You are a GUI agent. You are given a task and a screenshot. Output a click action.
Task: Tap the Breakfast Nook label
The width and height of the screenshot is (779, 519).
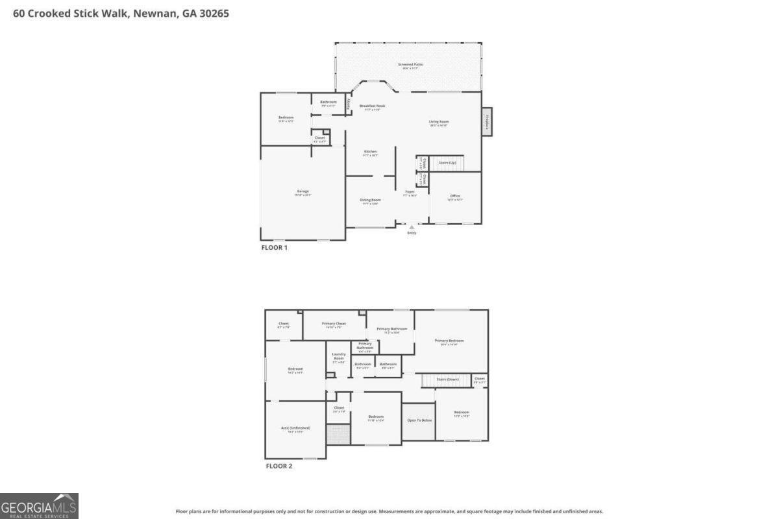pos(372,106)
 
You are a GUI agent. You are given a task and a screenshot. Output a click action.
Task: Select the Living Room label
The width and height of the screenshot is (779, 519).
pos(439,122)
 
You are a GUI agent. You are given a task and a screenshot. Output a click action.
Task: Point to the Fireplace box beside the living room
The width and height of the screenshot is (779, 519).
pos(487,121)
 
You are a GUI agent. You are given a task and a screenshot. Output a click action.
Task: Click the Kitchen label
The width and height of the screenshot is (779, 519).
pos(370,152)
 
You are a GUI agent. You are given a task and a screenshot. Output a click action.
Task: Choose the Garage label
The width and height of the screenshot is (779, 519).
pos(303,191)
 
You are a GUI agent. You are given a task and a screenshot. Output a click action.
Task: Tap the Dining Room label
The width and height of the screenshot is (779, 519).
pos(370,200)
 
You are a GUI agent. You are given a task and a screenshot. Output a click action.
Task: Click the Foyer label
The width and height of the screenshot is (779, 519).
pos(410,192)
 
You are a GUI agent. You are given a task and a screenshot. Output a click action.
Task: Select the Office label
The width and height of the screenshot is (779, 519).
pos(454,197)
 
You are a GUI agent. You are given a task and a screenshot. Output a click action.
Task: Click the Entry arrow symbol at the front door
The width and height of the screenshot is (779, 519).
pos(411,227)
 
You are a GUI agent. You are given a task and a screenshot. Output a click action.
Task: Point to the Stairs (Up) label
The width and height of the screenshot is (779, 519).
pos(447,163)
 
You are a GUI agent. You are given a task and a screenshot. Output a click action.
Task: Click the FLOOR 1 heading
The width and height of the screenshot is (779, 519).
pos(274,247)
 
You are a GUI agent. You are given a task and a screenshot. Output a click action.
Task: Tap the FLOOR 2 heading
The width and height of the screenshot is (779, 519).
pos(279,466)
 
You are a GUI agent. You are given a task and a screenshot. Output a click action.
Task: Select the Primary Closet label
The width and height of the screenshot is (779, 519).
pos(335,324)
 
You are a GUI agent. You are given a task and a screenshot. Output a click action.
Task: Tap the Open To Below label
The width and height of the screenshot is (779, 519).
pos(419,420)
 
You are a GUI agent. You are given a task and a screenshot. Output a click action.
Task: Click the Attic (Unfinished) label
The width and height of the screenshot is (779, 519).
pos(296,428)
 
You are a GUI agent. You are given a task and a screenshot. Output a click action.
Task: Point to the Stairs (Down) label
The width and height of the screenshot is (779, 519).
pos(447,379)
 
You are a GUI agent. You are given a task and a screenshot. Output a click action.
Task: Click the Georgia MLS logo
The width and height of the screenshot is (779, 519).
pos(39,506)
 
